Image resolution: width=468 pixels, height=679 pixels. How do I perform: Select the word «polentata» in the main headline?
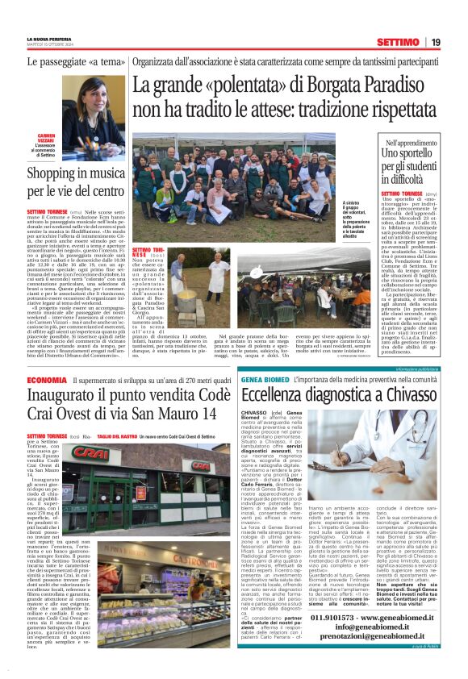coord(249,84)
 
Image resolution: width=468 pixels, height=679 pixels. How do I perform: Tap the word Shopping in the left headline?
coord(56,173)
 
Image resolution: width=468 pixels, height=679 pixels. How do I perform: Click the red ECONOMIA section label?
coord(47,380)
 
